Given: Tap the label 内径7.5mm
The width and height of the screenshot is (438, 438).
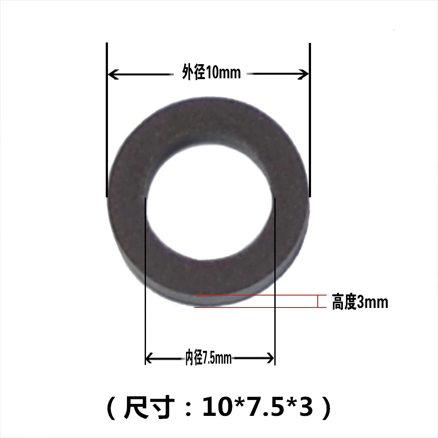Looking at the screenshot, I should tap(209, 358).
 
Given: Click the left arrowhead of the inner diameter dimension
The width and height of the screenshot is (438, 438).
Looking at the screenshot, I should tap(149, 357).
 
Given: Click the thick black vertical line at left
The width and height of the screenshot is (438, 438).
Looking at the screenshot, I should tap(107, 119).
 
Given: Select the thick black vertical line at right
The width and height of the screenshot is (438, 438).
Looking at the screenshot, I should tap(309, 119).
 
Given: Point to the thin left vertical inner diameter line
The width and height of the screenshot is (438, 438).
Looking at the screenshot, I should tap(145, 283).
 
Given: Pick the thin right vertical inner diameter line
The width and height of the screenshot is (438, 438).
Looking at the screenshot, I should tap(275, 283).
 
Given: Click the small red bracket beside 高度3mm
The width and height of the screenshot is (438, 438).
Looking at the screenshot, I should tap(319, 301).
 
